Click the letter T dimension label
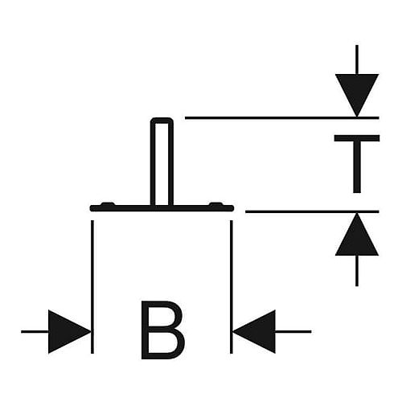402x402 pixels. [357, 164]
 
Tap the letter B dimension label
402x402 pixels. [162, 330]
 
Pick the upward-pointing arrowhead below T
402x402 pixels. [357, 234]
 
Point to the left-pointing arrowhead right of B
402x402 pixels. [254, 331]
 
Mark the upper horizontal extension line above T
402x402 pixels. [282, 117]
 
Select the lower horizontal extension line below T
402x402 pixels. [312, 211]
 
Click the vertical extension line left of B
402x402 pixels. [92, 287]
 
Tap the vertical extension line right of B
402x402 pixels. [232, 287]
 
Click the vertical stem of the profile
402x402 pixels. [162, 163]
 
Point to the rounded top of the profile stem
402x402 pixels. [162, 120]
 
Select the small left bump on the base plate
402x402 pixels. [108, 204]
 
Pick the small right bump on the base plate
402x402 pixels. [216, 204]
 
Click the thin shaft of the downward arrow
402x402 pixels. [357, 59]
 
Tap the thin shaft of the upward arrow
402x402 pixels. [357, 271]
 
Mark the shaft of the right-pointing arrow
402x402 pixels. [35, 331]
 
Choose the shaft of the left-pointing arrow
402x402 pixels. [293, 331]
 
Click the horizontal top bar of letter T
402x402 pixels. [357, 138]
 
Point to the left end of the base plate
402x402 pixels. [92, 208]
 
